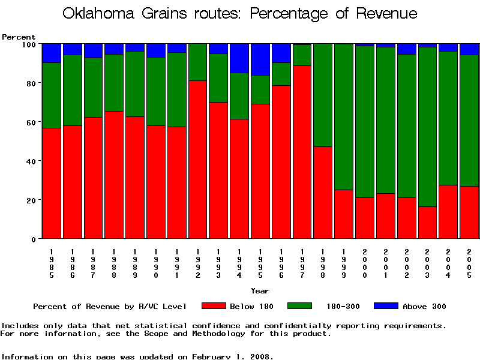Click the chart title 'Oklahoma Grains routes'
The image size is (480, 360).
point(240,14)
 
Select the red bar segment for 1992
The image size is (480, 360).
point(198,159)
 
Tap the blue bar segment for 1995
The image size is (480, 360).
point(260,59)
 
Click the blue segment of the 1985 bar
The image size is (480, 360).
point(52,53)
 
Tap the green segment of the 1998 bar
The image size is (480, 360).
point(323,95)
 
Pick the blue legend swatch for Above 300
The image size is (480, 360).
point(386,306)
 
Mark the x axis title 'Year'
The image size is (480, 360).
point(260,291)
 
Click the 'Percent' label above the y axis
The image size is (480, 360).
point(19,37)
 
